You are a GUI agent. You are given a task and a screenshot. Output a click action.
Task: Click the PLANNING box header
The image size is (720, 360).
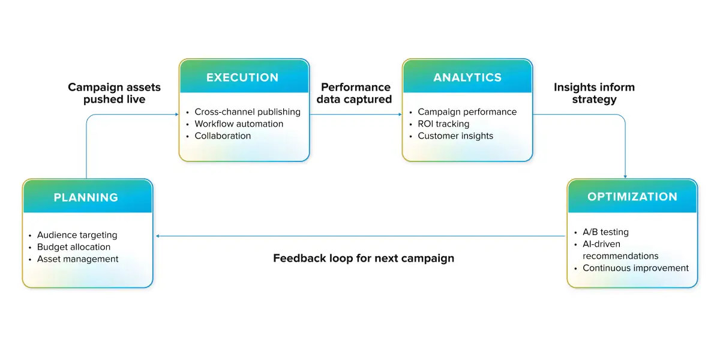point(86,197)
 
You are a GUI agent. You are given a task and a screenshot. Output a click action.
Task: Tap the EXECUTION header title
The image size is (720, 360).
point(242,77)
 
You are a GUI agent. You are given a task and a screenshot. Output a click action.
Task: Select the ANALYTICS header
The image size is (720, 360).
point(467,77)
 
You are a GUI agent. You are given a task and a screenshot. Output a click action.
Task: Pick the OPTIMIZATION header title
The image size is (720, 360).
point(632,197)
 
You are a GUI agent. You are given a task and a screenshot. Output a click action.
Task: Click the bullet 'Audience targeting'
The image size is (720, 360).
point(77,235)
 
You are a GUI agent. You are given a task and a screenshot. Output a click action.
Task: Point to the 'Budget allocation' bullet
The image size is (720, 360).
point(74,247)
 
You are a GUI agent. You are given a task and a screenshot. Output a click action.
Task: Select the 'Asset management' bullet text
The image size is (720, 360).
point(77,259)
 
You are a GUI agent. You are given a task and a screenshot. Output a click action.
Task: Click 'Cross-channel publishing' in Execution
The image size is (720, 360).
point(247,112)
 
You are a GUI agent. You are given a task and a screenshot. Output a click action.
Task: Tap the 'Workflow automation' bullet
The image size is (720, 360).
point(239,124)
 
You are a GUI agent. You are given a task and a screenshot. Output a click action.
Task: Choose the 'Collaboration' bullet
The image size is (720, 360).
point(223,136)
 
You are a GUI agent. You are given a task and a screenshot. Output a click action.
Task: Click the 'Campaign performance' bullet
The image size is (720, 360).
point(467,112)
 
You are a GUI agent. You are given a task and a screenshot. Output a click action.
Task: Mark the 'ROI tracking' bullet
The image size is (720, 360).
point(443,124)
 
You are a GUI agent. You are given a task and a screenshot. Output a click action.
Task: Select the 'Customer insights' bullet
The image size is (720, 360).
point(455,136)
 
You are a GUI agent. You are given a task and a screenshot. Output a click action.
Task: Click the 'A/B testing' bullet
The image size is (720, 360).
point(605,232)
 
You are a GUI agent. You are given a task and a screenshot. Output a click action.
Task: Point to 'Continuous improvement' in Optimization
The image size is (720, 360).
point(635,268)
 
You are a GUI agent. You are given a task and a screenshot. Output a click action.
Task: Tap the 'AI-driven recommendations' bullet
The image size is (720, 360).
point(620,250)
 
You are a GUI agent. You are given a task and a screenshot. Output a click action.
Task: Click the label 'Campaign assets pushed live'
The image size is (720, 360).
point(115,93)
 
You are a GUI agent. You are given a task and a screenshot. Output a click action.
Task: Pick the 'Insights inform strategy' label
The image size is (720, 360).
point(594,93)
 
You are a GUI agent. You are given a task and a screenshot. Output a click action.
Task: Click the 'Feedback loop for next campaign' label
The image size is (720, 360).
point(364,259)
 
